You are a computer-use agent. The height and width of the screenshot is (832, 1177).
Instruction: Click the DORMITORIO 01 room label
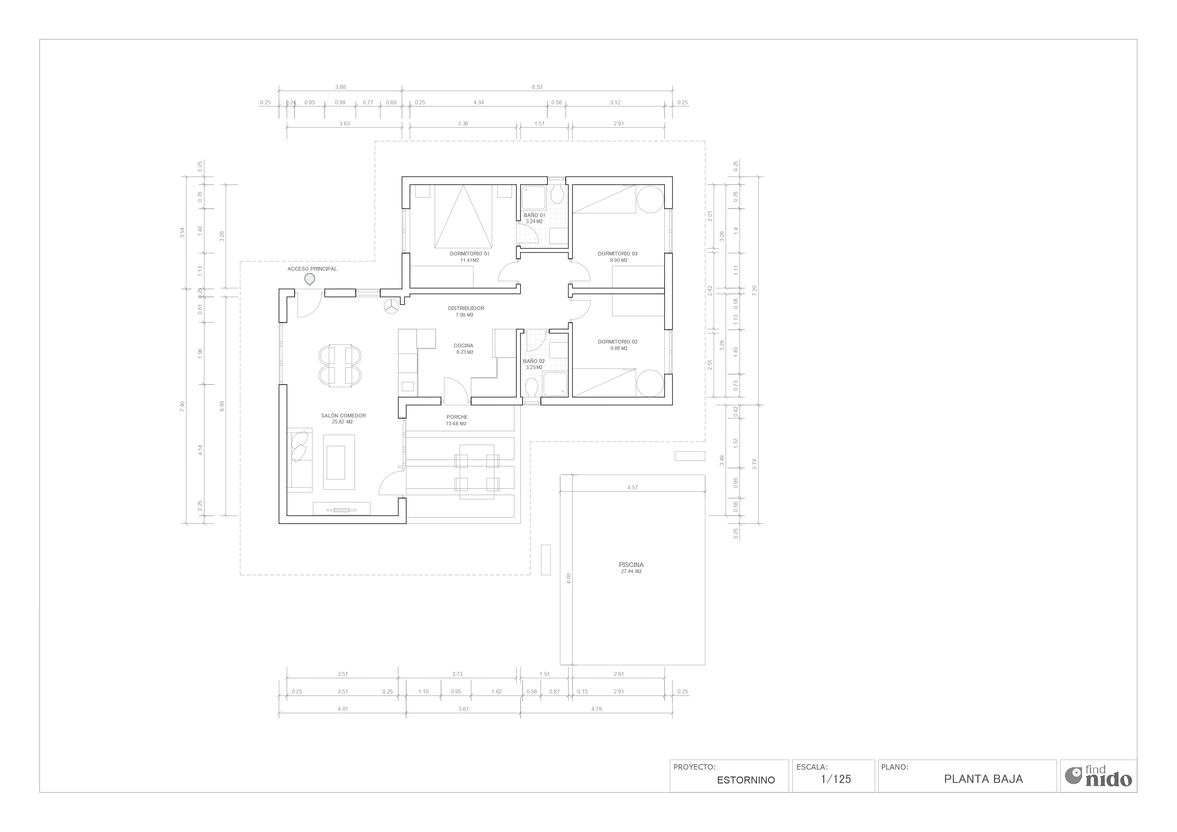470,254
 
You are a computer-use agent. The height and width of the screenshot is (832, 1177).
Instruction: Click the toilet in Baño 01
557,195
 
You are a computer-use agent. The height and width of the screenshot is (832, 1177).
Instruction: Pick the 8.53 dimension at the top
537,87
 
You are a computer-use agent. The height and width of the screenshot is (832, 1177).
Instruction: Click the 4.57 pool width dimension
633,487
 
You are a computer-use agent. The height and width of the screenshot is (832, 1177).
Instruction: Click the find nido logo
1098,776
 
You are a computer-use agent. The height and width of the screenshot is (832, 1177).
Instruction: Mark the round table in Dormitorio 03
650,199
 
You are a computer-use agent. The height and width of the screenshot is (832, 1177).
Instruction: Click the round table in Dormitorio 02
650,383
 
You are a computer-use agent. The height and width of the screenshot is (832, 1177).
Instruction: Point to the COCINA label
464,346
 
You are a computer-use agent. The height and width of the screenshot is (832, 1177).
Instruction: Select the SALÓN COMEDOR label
343,416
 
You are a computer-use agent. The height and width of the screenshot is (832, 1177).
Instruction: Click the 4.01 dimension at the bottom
342,709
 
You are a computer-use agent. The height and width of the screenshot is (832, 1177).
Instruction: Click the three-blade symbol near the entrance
392,306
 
